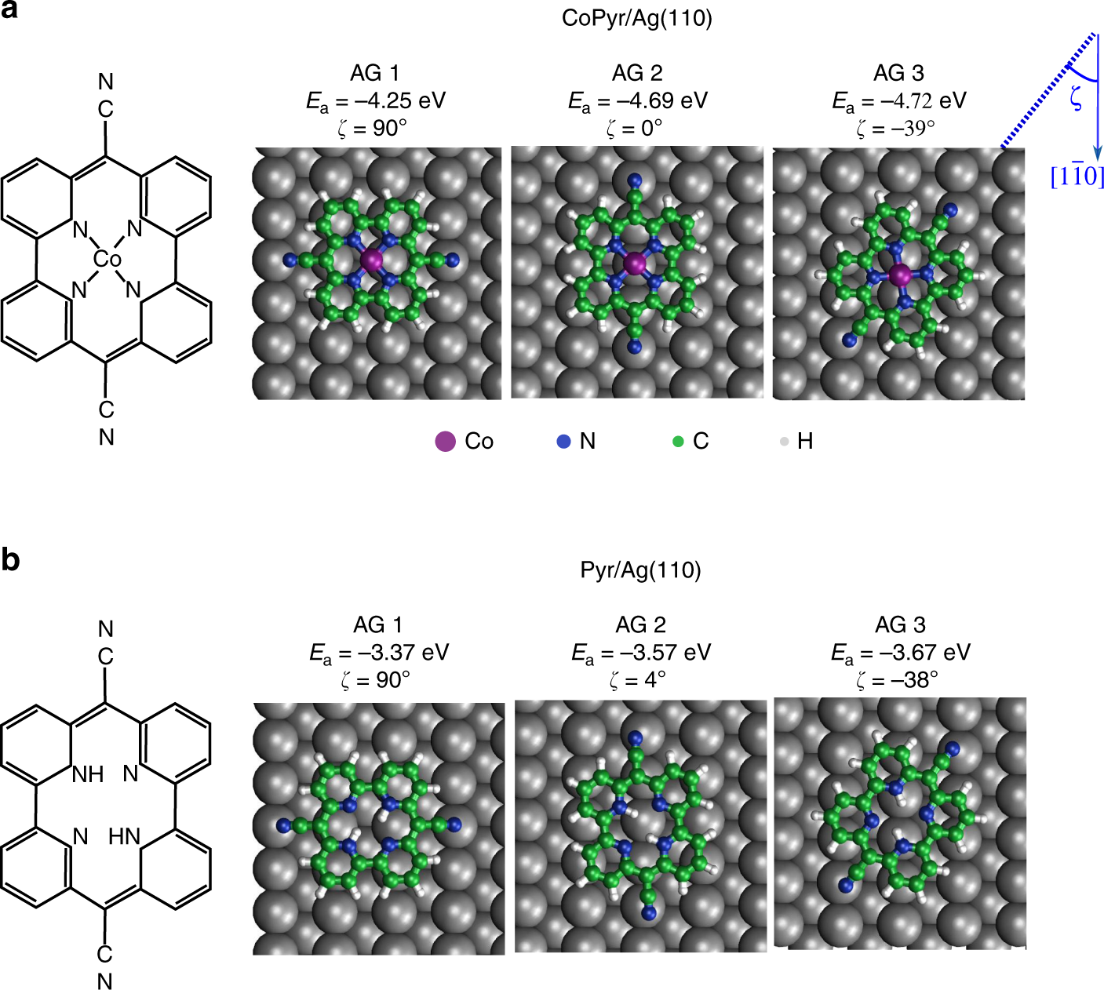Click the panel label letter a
[x=11, y=13]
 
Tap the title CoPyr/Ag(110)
[x=636, y=18]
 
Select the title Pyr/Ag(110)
[x=640, y=570]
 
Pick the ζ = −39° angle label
[x=899, y=128]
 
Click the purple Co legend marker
[x=446, y=442]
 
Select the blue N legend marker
[x=563, y=442]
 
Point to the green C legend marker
[x=679, y=442]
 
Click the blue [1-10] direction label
[x=1077, y=176]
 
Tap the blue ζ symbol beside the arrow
[x=1076, y=98]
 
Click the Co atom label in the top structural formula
[x=107, y=259]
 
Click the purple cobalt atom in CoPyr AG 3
[x=900, y=275]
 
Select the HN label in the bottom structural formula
[x=124, y=837]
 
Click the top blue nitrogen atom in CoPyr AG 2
[x=635, y=181]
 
